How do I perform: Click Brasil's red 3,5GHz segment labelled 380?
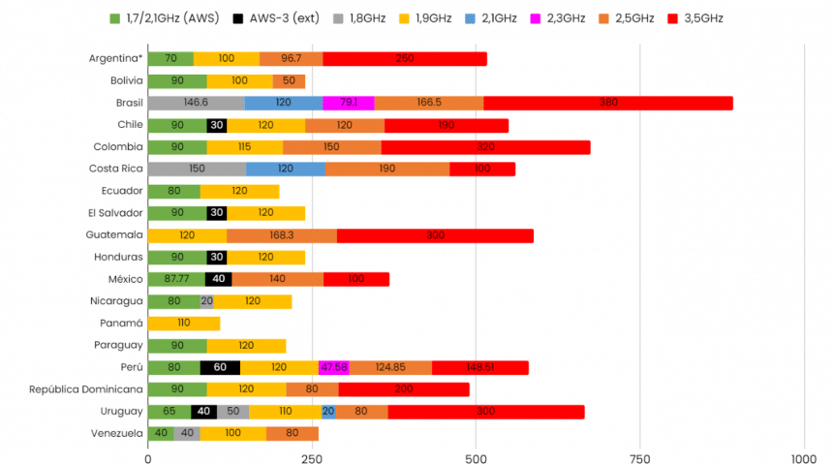tap(608, 103)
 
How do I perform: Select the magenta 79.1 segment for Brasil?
tap(349, 103)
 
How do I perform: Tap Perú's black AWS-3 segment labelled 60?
tap(220, 367)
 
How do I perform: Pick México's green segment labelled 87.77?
tap(176, 279)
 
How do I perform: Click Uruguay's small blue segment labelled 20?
tap(328, 411)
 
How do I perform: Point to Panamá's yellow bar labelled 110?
tap(184, 323)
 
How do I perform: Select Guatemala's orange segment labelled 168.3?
tap(282, 234)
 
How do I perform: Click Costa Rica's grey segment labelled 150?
tap(197, 169)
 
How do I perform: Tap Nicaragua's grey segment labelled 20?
tap(207, 301)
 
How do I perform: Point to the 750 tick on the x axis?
tap(639, 457)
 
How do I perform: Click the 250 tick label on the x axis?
tap(312, 457)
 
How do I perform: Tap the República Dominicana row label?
tap(85, 389)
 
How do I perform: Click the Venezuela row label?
tap(117, 433)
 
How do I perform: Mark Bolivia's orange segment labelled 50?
tap(289, 81)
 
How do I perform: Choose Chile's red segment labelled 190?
tap(447, 125)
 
